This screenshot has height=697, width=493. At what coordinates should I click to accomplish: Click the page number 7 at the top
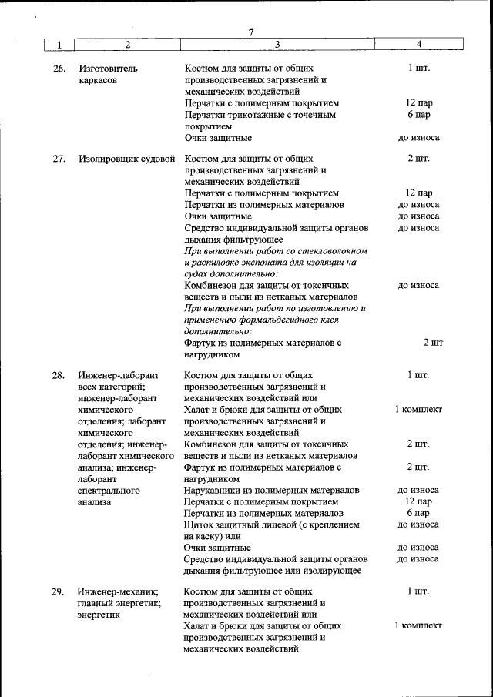(x=250, y=32)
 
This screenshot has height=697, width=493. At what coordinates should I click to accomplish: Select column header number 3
(x=277, y=44)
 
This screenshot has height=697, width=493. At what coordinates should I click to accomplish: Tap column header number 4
(x=418, y=44)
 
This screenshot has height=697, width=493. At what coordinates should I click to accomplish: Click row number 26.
(x=59, y=69)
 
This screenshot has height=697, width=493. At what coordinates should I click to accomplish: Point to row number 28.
(x=59, y=375)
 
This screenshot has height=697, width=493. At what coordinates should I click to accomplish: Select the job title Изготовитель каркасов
(x=108, y=74)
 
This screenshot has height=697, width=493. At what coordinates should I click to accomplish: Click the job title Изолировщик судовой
(x=126, y=159)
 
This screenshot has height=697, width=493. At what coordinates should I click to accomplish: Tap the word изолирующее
(x=334, y=571)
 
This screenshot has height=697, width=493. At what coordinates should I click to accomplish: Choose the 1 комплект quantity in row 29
(x=418, y=626)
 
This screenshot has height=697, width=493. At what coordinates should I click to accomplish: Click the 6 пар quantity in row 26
(x=418, y=115)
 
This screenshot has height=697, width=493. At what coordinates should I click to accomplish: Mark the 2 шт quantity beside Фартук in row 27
(x=432, y=342)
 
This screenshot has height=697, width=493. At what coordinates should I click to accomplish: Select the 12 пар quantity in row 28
(x=418, y=501)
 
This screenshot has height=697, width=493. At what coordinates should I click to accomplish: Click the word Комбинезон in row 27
(x=211, y=285)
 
